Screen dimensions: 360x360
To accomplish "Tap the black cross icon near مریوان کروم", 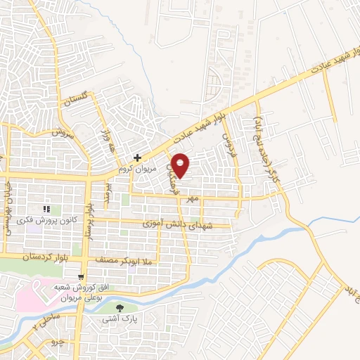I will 139,158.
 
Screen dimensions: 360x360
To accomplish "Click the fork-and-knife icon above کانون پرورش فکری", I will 47,210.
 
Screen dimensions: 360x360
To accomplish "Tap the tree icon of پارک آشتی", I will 117,307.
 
